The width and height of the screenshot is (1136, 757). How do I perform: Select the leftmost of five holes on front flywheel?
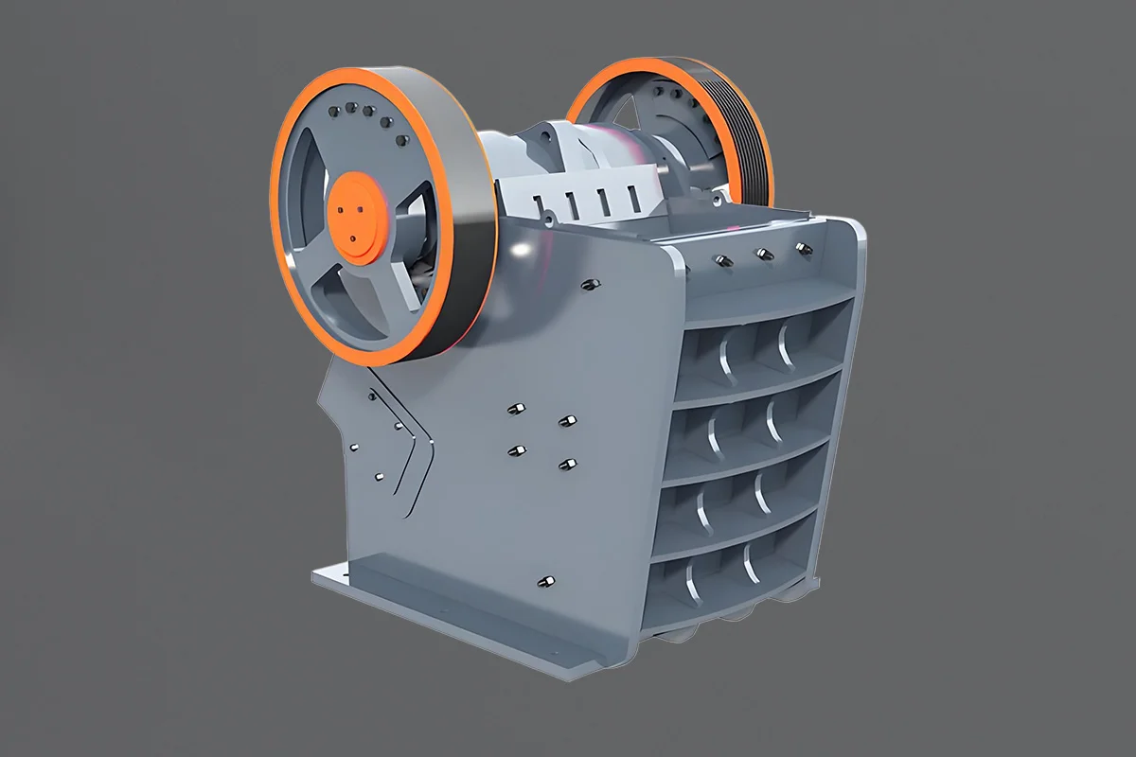click(334, 112)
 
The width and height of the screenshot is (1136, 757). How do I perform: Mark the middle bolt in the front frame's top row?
click(762, 253)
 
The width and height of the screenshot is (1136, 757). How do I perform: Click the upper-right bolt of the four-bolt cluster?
click(566, 419)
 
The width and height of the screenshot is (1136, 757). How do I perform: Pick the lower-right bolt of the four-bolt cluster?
click(568, 463)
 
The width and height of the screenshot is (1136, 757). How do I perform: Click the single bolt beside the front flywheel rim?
click(587, 283)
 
